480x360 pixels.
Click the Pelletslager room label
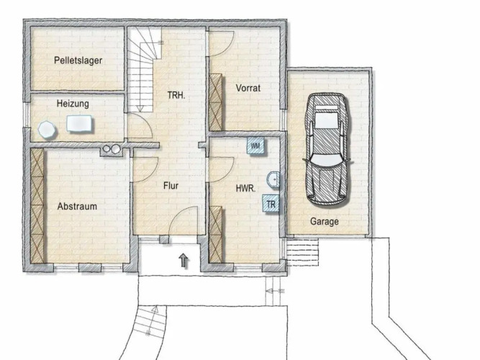point(78,60)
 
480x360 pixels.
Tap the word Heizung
point(73,104)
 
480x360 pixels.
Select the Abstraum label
point(77,206)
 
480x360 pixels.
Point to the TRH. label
point(176,95)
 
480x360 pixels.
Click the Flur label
point(171,186)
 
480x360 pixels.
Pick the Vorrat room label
point(248,89)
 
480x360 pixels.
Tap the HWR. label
point(245,189)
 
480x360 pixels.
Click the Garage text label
point(325,221)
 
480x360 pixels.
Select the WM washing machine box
point(255,146)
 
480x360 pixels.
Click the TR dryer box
point(271,204)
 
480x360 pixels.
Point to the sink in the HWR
point(273,179)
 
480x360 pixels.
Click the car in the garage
point(326,149)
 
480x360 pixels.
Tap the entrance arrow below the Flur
point(184,260)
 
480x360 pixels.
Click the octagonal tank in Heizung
point(47,130)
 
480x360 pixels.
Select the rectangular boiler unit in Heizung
point(79,123)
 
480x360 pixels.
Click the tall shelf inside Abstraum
point(37,206)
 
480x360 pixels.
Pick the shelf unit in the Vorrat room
point(215,102)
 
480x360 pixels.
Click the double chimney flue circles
point(112,149)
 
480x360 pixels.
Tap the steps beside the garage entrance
point(303,253)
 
